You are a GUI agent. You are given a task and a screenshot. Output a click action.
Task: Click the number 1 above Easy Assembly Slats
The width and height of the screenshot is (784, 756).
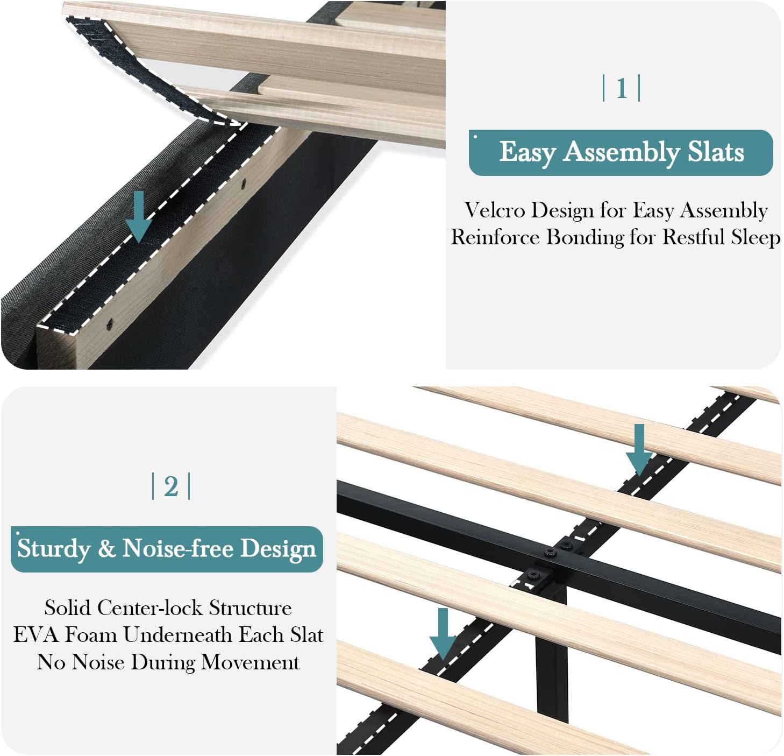click(622, 88)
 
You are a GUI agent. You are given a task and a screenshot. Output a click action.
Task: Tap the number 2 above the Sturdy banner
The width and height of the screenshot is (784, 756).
click(171, 486)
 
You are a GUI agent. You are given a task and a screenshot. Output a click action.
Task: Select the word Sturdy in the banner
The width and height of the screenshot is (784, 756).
click(54, 549)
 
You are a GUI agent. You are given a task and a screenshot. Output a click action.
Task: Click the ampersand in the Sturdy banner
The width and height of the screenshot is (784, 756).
click(106, 549)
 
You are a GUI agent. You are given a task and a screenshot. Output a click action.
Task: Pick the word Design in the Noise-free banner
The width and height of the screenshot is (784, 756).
click(277, 549)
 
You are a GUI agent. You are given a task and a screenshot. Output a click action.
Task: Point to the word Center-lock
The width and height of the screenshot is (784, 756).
click(149, 607)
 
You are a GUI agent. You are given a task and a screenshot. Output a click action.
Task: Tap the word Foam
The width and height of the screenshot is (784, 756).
click(91, 634)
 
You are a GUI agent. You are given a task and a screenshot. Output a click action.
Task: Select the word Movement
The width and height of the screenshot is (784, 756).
click(250, 662)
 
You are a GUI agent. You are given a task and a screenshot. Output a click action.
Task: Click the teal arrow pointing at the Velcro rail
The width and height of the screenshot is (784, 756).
click(139, 217)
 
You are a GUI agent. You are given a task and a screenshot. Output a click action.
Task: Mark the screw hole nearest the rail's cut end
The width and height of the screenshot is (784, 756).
click(110, 323)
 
